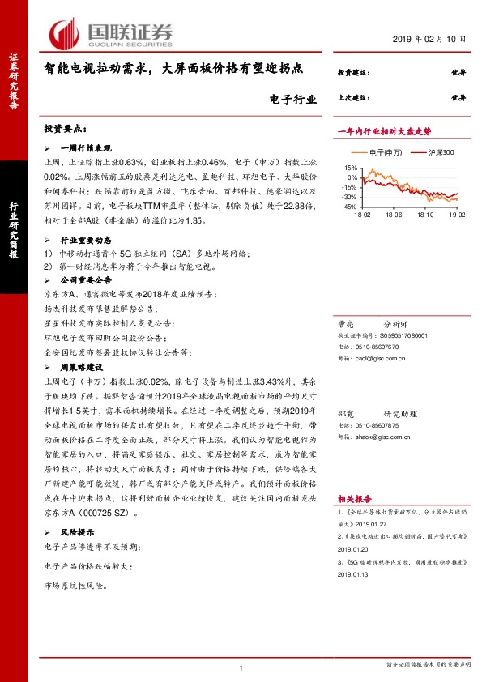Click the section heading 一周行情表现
click(87, 149)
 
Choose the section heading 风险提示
click(78, 532)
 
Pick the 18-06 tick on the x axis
click(394, 215)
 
